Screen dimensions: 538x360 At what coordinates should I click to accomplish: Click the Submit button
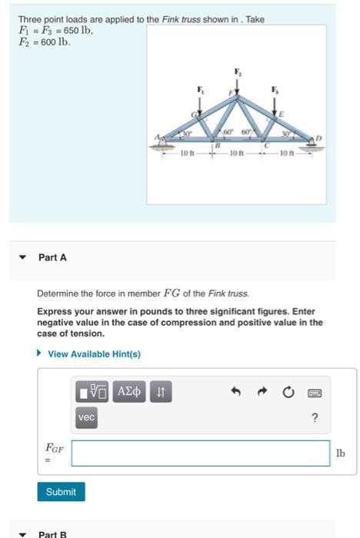[x=61, y=491]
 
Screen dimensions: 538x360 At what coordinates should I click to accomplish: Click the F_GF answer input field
[x=200, y=453]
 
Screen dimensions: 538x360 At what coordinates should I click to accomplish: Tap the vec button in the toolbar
[x=86, y=416]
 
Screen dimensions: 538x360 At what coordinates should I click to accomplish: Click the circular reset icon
[x=288, y=393]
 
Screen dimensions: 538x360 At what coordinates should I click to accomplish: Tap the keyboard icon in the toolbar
[x=315, y=393]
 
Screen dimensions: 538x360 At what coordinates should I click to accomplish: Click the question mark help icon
[x=315, y=417]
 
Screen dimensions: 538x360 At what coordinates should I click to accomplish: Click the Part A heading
[x=52, y=257]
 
